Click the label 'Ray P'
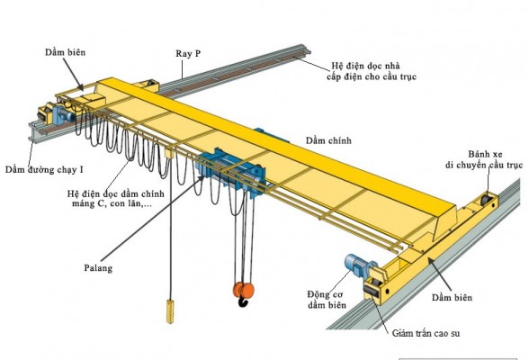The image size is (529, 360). point(188,54)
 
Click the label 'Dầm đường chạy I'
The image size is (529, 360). point(44,169)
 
